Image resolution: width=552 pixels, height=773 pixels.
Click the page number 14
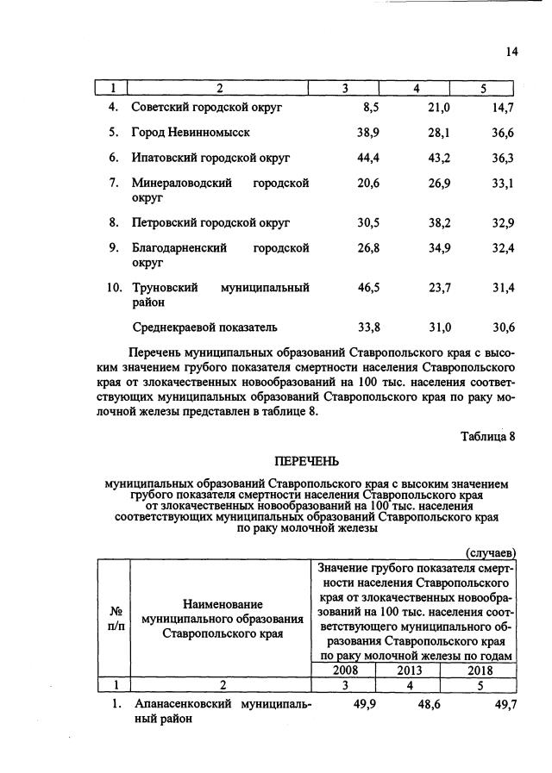[x=511, y=52]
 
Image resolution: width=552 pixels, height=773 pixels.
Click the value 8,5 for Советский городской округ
[x=368, y=108]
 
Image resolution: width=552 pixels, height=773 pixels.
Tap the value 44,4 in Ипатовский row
[x=368, y=159]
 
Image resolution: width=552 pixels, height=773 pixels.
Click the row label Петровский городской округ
[x=210, y=222]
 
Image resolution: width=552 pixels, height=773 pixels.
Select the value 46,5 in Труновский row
[x=368, y=287]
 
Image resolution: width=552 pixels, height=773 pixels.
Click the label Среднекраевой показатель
[x=204, y=327]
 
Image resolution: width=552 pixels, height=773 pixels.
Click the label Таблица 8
[x=487, y=436]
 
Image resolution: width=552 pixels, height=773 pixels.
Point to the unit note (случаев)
[x=490, y=552]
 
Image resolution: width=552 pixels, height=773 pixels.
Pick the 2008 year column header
[x=346, y=670]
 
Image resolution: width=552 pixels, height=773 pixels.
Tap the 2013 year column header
[x=413, y=670]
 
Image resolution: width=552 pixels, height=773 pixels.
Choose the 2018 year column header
[x=480, y=670]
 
